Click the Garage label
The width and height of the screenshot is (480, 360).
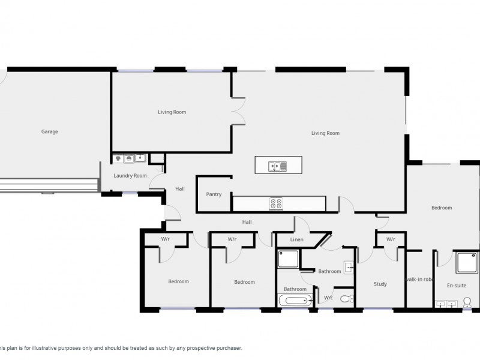(50, 131)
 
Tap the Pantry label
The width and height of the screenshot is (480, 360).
(214, 194)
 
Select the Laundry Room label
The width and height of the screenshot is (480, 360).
(130, 176)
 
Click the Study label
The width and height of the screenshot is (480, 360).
(380, 284)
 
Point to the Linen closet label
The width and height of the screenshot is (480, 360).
(296, 239)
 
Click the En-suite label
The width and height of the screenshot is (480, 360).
(457, 286)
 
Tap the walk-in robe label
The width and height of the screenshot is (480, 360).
(419, 279)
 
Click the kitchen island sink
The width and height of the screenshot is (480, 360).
(277, 166)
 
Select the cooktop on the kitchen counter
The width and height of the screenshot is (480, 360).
(276, 204)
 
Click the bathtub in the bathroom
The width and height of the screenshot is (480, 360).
(295, 301)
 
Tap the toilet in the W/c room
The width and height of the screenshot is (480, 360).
(347, 298)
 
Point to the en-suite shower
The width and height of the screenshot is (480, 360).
(467, 262)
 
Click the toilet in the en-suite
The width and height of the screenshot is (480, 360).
(467, 302)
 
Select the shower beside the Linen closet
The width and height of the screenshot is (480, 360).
(288, 259)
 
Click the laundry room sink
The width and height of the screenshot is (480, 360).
(140, 158)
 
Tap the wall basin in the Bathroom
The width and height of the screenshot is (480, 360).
(349, 268)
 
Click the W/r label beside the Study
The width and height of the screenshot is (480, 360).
(391, 239)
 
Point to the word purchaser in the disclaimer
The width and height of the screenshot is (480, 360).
(229, 348)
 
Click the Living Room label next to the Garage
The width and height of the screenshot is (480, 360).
(172, 112)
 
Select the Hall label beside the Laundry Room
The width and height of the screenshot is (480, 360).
(180, 189)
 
